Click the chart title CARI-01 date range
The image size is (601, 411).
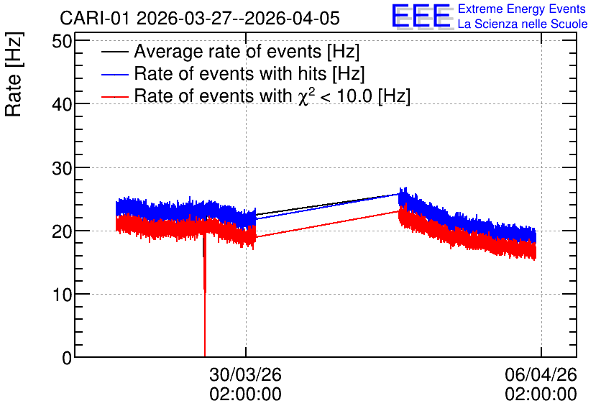(x=200, y=18)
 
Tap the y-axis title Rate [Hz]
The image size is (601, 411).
(x=14, y=74)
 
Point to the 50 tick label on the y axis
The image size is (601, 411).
(x=62, y=42)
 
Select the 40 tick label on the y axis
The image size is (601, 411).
(x=62, y=104)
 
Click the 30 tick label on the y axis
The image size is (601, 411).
(x=62, y=167)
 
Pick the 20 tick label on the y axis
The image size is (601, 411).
(x=62, y=231)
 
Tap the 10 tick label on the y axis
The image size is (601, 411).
(x=62, y=295)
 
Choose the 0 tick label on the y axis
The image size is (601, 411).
(x=67, y=358)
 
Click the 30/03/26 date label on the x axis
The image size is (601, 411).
(x=245, y=374)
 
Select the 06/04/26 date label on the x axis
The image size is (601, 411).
(x=541, y=374)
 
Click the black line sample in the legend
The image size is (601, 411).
(x=114, y=52)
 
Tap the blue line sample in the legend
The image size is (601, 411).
(x=114, y=74)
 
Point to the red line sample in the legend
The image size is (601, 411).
(x=114, y=96)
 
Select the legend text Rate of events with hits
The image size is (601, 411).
(x=230, y=73)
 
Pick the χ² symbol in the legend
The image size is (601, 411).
(x=303, y=96)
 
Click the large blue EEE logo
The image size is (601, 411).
(x=422, y=17)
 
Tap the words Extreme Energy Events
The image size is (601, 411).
(x=522, y=9)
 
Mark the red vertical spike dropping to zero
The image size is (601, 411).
(x=205, y=294)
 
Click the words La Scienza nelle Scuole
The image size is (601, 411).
(x=523, y=24)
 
